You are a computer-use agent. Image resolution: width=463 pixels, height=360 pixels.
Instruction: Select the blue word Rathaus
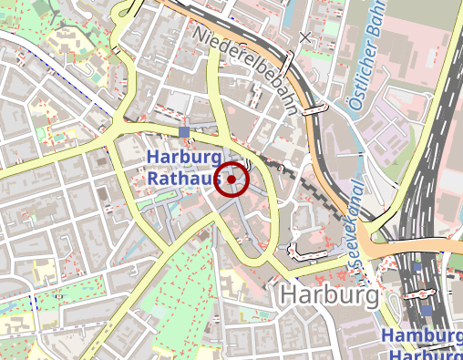pyautogui.click(x=183, y=180)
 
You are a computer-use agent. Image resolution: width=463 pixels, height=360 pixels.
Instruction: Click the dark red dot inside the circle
pyautogui.click(x=231, y=180)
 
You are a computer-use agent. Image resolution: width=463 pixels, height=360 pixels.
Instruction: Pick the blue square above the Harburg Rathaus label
pyautogui.click(x=184, y=133)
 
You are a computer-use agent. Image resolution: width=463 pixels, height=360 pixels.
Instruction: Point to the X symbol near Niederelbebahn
pyautogui.click(x=305, y=38)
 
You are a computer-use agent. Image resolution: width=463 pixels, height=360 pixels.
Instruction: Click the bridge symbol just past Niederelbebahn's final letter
pyautogui.click(x=313, y=109)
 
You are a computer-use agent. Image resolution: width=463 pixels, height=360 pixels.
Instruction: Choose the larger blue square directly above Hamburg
pyautogui.click(x=426, y=311)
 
